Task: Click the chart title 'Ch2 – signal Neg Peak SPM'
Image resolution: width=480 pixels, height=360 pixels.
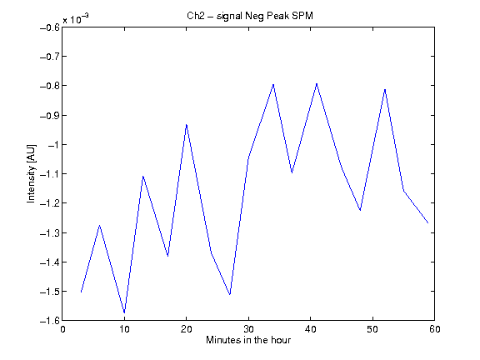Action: click(x=250, y=16)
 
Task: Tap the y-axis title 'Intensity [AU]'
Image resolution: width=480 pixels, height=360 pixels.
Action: click(x=31, y=173)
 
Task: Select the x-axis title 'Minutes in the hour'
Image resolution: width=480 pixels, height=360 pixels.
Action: click(x=248, y=340)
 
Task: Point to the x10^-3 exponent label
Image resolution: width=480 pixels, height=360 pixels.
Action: click(x=76, y=19)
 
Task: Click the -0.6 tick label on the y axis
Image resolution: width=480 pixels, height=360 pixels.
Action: click(x=50, y=27)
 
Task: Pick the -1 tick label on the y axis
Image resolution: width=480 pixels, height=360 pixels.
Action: click(x=53, y=145)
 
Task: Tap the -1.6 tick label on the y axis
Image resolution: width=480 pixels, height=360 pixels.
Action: click(x=50, y=321)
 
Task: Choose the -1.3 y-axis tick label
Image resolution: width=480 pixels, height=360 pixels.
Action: click(x=50, y=233)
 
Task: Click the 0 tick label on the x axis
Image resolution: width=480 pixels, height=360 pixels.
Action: click(x=62, y=329)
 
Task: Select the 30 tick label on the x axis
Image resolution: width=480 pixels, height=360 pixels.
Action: click(x=248, y=329)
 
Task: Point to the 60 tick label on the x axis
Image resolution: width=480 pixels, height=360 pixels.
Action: click(x=435, y=329)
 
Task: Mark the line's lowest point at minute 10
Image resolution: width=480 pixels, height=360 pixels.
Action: click(x=124, y=312)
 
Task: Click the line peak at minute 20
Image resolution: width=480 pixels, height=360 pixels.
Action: click(x=186, y=125)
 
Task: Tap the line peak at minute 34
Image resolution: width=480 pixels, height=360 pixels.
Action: click(x=273, y=84)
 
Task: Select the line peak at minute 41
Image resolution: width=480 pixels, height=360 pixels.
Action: click(x=317, y=83)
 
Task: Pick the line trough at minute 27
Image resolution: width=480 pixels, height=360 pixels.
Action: click(x=230, y=294)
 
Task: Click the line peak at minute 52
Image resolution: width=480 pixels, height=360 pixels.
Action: click(x=385, y=89)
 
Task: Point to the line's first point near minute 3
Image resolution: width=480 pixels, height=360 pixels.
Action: click(x=81, y=292)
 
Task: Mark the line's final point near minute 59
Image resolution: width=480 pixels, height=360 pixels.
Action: click(x=428, y=222)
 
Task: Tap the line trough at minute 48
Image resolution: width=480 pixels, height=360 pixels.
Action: click(x=360, y=210)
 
